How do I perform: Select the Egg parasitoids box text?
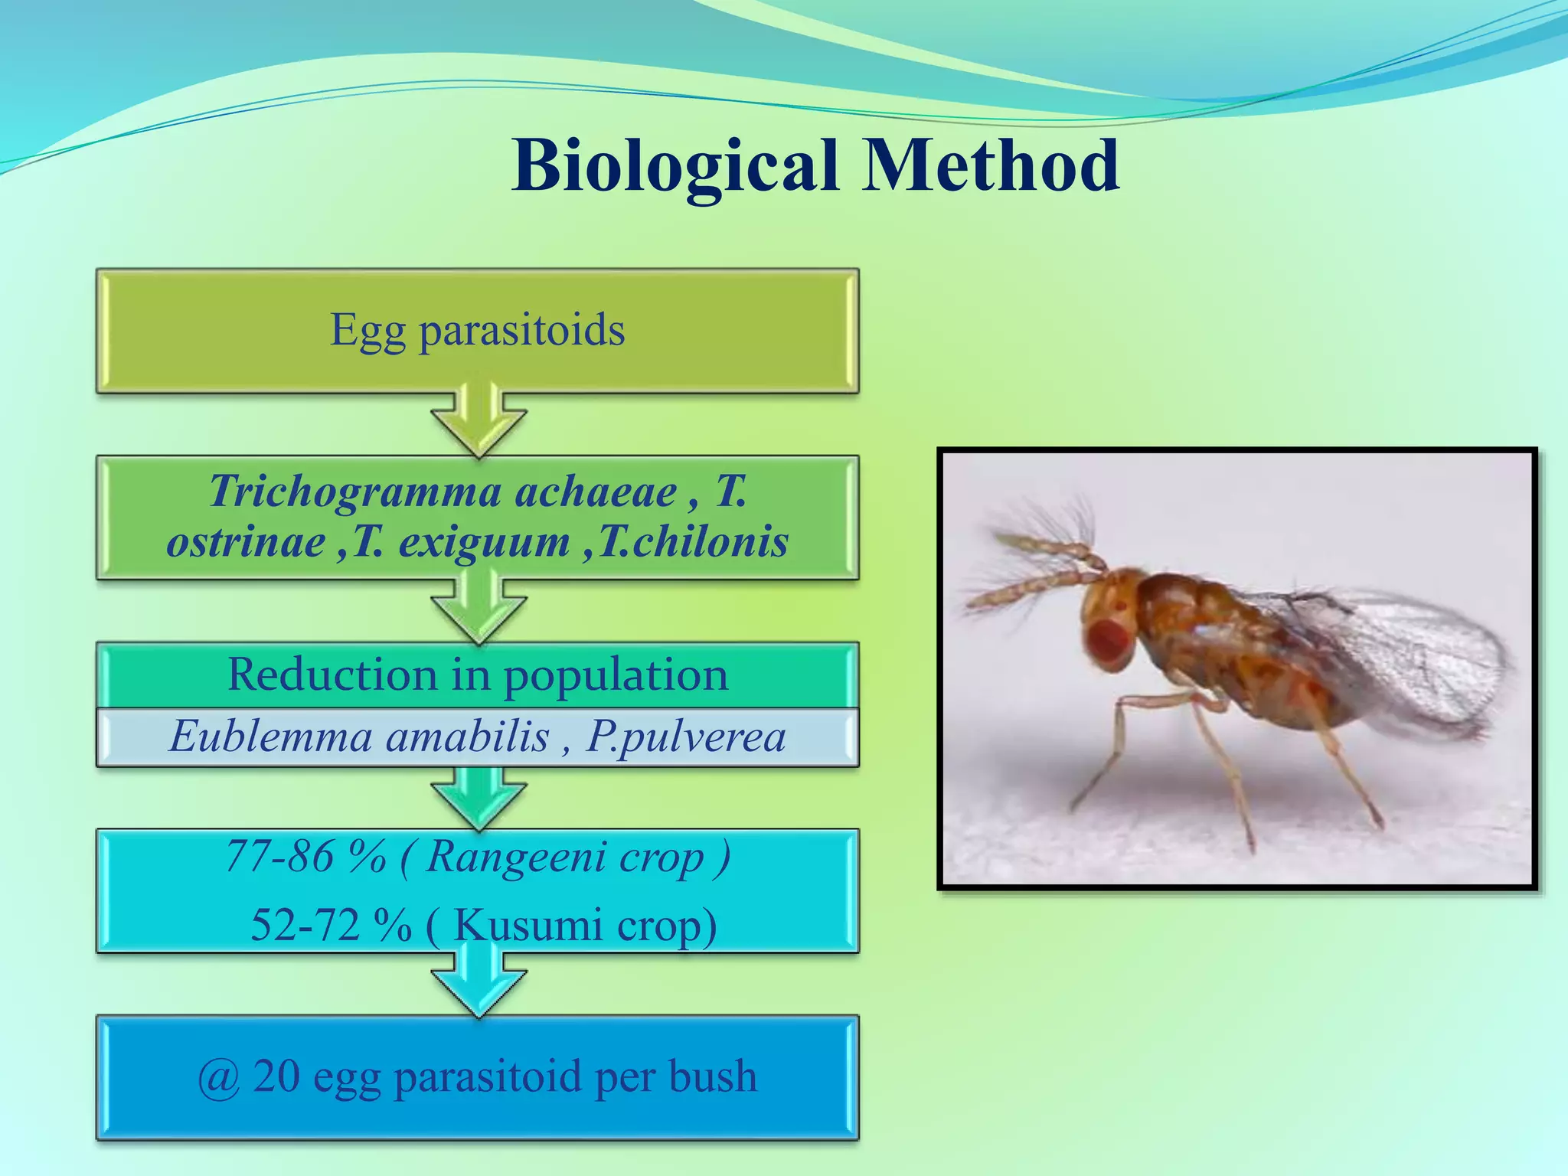click(x=477, y=330)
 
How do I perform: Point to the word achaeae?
click(x=596, y=492)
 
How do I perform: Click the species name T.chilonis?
click(x=693, y=542)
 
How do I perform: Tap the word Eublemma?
click(x=270, y=737)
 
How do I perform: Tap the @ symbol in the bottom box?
click(x=219, y=1077)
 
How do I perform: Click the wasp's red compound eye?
click(x=1111, y=643)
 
